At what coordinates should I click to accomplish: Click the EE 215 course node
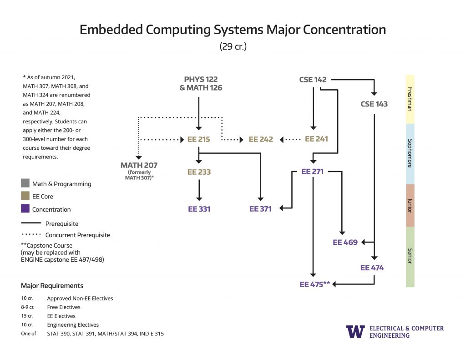[198, 139]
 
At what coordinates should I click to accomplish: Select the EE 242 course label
[261, 139]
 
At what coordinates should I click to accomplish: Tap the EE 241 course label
[316, 139]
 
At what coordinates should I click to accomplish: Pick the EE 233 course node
[199, 172]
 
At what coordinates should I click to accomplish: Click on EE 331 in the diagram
[199, 209]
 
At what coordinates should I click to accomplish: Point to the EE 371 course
[260, 209]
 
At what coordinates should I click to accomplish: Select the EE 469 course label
[345, 243]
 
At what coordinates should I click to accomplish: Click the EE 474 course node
[372, 268]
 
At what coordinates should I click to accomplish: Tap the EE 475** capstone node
[314, 284]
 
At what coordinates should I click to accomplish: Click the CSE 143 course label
[374, 104]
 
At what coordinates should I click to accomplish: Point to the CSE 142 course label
[313, 80]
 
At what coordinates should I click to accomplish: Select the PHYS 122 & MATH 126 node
[201, 84]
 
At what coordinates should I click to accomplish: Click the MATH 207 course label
[139, 165]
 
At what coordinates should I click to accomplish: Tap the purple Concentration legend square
[25, 209]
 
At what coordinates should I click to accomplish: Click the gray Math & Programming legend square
[25, 184]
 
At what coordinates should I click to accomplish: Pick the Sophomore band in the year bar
[410, 153]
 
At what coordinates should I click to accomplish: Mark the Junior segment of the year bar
[410, 205]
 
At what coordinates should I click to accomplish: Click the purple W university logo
[355, 331]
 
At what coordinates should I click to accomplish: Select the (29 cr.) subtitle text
[233, 46]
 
